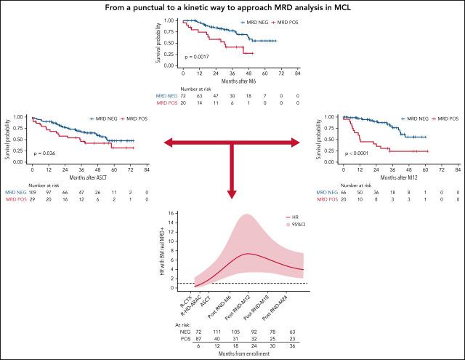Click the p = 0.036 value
[x=44, y=153]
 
